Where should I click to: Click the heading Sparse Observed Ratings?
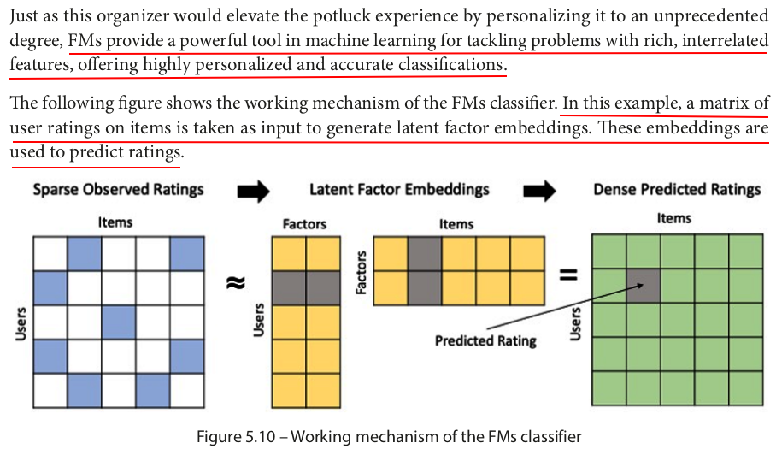[x=118, y=189]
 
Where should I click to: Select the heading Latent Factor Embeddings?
[x=399, y=189]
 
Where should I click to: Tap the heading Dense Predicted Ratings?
[x=677, y=189]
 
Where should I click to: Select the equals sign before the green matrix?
[x=567, y=275]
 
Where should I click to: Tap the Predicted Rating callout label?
[x=485, y=340]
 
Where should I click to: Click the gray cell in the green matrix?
[x=643, y=286]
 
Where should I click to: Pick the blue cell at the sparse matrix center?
[x=118, y=322]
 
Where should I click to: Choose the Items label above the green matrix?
[x=673, y=218]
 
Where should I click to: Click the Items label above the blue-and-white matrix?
[x=115, y=222]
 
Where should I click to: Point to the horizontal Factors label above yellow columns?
[x=304, y=224]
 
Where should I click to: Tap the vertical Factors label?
[x=362, y=271]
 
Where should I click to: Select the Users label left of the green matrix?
[x=576, y=322]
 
